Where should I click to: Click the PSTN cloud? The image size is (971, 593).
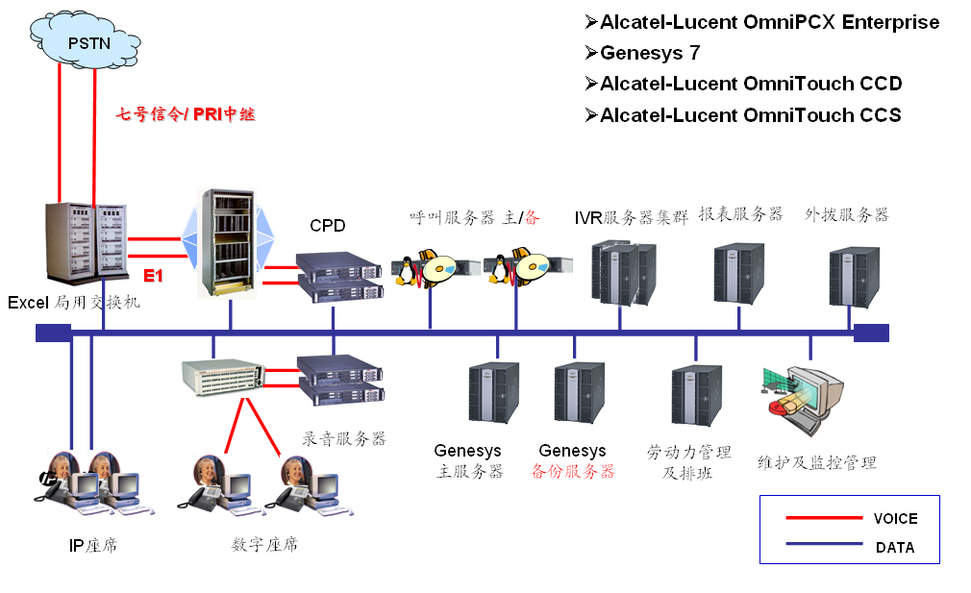(88, 44)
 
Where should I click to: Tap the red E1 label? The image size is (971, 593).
(154, 277)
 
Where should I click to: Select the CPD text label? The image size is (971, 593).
(327, 226)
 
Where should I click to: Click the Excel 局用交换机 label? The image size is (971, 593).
(74, 303)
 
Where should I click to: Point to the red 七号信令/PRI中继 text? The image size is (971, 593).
(186, 114)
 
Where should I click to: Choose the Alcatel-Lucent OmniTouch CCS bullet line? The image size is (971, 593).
(750, 115)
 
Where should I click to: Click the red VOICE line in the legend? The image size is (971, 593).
(824, 518)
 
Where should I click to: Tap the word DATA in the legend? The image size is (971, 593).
(895, 548)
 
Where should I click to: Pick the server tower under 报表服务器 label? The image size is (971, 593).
(738, 275)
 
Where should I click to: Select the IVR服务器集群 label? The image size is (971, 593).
(632, 216)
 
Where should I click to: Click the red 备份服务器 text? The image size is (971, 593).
(573, 472)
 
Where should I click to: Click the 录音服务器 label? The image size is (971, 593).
(344, 438)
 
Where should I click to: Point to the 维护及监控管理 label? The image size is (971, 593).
(817, 462)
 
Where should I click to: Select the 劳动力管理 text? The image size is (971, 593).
(689, 452)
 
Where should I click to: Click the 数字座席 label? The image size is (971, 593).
(265, 544)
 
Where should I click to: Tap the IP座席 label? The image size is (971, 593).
(93, 546)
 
